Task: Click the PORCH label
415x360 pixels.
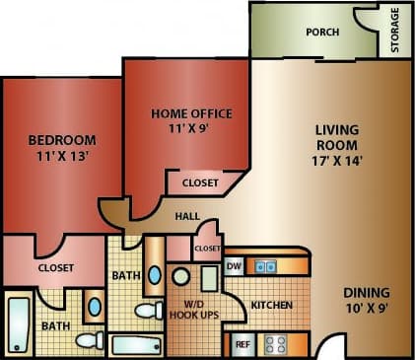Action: [x=322, y=33]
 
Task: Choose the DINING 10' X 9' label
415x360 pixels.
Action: [x=366, y=301]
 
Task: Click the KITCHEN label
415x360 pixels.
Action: [x=271, y=306]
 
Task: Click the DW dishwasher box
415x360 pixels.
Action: [x=234, y=265]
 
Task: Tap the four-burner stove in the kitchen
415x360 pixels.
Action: [x=276, y=344]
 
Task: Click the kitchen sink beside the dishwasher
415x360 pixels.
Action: [x=266, y=265]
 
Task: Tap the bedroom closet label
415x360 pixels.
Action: [x=55, y=267]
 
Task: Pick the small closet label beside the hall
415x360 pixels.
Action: [x=207, y=250]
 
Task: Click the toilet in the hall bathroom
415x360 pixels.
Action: [x=149, y=311]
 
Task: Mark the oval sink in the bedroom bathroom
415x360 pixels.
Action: [x=94, y=306]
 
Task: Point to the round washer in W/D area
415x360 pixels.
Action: [x=180, y=277]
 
